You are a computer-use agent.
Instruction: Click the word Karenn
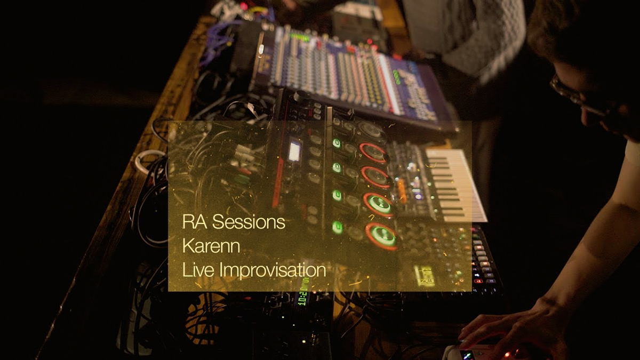pos(211,246)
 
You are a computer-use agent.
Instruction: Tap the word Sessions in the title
pos(249,222)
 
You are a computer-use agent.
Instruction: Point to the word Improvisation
pos(273,270)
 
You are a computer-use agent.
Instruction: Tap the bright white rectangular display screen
pos(294,151)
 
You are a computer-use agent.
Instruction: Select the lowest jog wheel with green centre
pos(382,236)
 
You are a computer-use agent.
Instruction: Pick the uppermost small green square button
pos(337,143)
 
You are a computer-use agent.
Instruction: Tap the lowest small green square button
pos(338,227)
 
